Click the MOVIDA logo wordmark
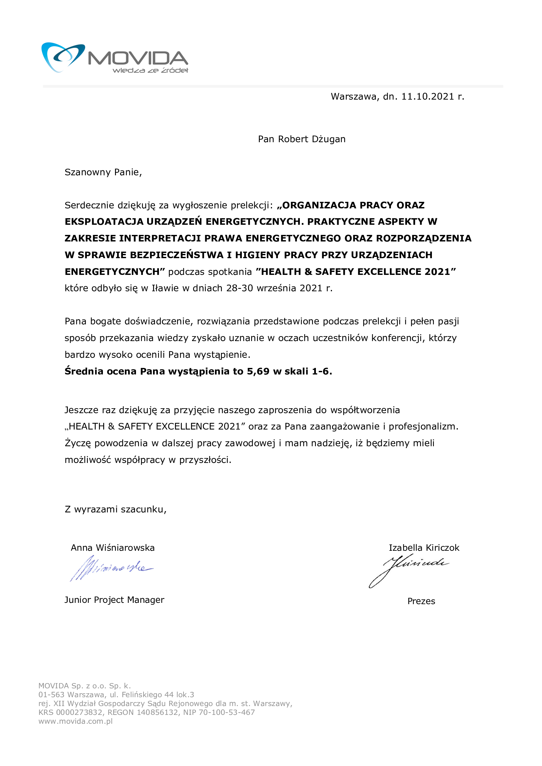coord(138,58)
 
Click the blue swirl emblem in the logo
coord(62,56)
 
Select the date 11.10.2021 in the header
coord(428,97)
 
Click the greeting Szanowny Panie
coord(103,172)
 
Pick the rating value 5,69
coord(258,371)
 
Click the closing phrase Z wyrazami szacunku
coord(115,509)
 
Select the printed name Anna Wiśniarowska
coord(113,548)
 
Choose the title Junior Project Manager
coord(114,600)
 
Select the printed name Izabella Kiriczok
coord(424,548)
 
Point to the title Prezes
coord(421,601)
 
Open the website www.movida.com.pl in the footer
coord(75,721)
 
